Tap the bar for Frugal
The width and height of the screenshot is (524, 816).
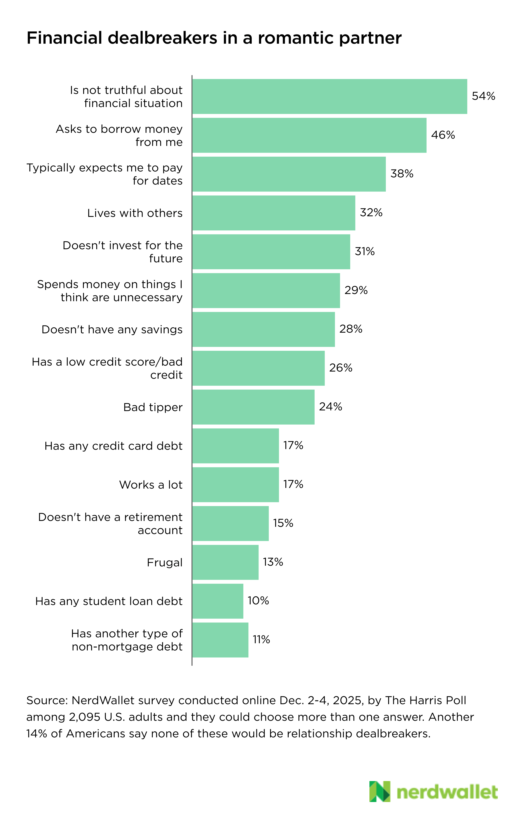[x=225, y=562]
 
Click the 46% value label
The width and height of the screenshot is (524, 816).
[x=443, y=135]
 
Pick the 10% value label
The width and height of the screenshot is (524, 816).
[x=258, y=601]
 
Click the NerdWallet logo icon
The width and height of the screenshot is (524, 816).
[x=379, y=792]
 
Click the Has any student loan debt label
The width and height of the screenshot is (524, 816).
[x=109, y=601]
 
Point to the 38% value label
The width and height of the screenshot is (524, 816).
[x=402, y=174]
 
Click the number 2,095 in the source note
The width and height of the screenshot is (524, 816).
[x=84, y=717]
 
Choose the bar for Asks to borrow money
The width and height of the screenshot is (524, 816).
[x=309, y=135]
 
